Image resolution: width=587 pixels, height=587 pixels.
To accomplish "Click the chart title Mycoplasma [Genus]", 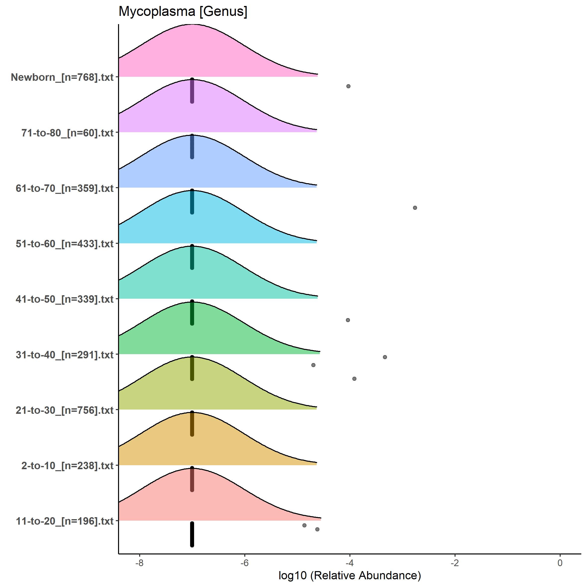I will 183,11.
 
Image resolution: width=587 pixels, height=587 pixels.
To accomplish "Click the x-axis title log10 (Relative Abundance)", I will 349,575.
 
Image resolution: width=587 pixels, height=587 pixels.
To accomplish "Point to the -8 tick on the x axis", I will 139,563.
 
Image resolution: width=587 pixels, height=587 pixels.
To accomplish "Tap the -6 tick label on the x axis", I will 245,563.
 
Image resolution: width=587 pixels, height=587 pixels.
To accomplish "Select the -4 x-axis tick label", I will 350,563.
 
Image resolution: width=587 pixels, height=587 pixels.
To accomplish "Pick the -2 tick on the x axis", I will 455,563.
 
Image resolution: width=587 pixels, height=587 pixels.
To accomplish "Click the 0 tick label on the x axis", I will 560,563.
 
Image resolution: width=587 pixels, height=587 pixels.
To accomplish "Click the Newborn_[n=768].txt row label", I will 62,77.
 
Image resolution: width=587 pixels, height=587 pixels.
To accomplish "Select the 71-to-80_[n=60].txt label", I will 67,133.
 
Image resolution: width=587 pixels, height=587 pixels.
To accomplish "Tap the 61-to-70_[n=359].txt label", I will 65,188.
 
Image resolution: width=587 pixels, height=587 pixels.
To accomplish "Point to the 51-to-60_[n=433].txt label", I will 65,244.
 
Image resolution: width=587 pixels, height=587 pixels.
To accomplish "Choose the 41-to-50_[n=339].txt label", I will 65,299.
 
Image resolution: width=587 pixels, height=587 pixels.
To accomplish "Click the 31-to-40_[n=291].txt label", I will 65,355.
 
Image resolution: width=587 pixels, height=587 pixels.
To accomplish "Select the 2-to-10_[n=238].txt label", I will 67,466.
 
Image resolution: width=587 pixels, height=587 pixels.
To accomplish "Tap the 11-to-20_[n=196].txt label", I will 65,521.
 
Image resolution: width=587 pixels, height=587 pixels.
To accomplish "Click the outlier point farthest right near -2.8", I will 415,208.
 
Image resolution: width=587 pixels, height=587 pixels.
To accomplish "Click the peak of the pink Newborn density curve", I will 192,25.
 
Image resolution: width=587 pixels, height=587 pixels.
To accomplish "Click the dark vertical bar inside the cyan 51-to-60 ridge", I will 192,202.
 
